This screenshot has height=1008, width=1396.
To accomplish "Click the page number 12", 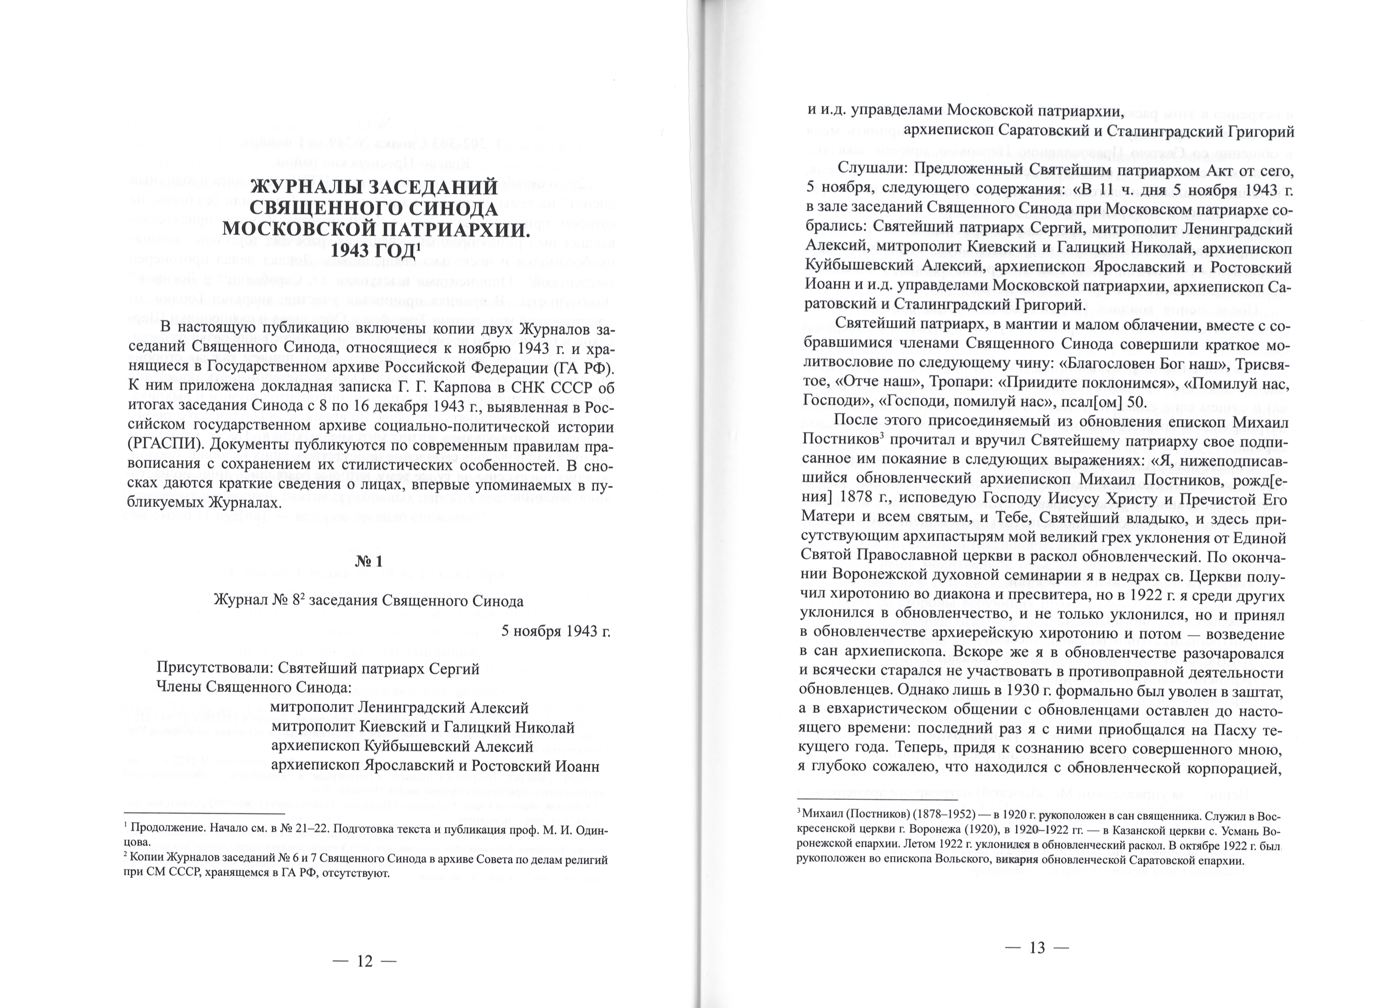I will tap(365, 961).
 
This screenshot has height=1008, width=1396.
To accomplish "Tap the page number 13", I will tap(1037, 947).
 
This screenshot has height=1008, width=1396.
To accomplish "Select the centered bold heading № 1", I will tap(369, 561).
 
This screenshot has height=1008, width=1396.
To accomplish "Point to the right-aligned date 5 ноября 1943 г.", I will tap(556, 631).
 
